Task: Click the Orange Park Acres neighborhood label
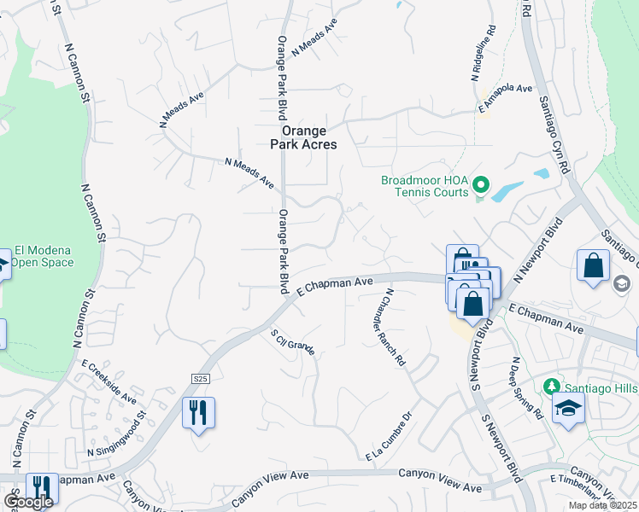tap(304, 137)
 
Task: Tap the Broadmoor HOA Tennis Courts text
tap(425, 186)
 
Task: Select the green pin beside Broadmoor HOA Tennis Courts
tap(480, 184)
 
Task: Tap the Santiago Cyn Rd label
tap(553, 137)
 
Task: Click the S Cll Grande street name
tap(293, 340)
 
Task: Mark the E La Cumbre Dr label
tap(389, 439)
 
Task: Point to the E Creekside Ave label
tap(108, 381)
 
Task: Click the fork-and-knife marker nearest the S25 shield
tap(198, 413)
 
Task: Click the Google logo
tap(28, 502)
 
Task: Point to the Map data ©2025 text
tap(603, 505)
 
